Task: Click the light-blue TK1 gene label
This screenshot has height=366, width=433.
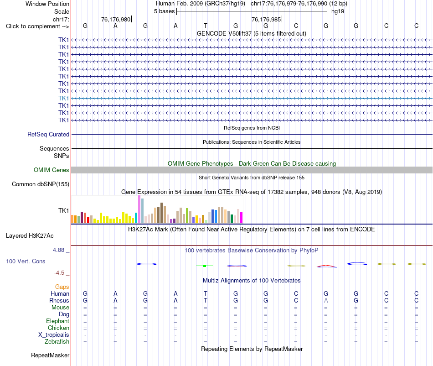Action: tap(63, 98)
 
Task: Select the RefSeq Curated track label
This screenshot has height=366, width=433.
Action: tap(48, 134)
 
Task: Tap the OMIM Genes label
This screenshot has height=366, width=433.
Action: tap(52, 170)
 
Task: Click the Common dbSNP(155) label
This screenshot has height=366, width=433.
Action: tap(41, 184)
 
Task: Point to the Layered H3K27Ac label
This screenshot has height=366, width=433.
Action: tap(30, 236)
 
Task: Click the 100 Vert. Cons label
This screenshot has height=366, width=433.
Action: tap(26, 261)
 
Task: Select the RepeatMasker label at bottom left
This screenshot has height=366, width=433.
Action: tap(50, 355)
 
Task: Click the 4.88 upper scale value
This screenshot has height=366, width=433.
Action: tap(58, 250)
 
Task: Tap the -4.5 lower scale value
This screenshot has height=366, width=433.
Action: tap(59, 273)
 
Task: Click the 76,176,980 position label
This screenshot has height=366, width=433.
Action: tap(116, 19)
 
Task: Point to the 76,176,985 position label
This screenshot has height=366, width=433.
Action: tap(266, 19)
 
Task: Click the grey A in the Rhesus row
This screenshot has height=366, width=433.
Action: tap(326, 300)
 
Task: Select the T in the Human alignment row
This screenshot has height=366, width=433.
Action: tap(206, 293)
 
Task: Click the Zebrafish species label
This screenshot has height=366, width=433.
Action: tap(57, 342)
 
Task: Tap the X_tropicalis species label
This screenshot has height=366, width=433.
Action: tap(54, 335)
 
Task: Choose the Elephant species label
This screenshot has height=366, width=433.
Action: tap(58, 321)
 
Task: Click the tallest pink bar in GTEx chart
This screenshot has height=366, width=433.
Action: tap(139, 209)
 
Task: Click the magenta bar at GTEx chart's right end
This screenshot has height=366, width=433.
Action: tap(242, 217)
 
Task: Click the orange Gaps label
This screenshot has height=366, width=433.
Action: tap(62, 287)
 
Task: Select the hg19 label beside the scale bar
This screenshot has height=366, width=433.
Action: tap(338, 11)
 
